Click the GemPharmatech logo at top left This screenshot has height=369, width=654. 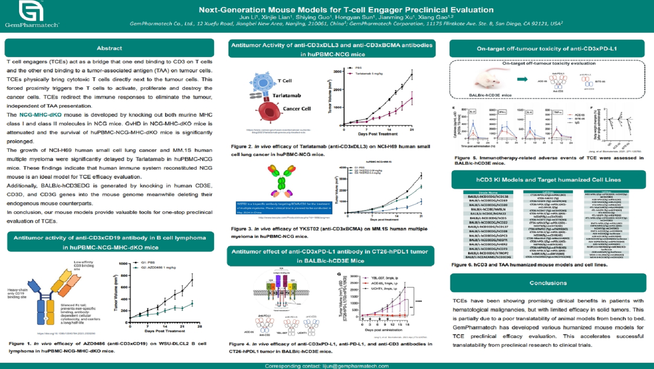31,14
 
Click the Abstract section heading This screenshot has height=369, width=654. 109,48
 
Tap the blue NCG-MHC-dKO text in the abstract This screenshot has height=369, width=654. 40,115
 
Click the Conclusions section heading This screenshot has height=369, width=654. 548,283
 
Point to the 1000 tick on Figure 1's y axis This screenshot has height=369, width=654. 123,264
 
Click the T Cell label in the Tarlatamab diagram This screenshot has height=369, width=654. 284,81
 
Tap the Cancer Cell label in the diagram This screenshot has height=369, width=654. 296,109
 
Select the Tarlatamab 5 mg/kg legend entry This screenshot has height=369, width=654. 368,74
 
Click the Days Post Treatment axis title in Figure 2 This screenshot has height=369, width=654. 377,134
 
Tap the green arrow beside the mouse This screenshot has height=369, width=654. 522,79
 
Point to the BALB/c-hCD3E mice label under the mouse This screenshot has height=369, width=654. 490,95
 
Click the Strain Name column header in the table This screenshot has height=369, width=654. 488,192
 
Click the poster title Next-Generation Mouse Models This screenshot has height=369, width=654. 346,10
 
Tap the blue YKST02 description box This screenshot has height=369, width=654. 283,208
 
